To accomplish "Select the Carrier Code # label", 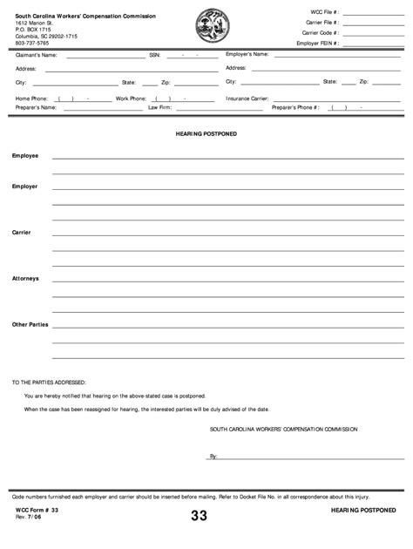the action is [321, 32].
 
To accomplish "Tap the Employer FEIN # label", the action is [318, 43].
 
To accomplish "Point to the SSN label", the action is [154, 55].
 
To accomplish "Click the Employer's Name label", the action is [247, 54].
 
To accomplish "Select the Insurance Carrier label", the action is [247, 98].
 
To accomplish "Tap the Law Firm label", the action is [159, 108].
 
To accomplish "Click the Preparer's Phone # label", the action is [296, 108].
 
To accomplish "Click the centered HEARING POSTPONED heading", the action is [206, 134].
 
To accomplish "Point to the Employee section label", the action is [24, 155].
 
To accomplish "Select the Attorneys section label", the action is [25, 278].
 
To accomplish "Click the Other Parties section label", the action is [30, 324].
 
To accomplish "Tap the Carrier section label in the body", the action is [21, 233].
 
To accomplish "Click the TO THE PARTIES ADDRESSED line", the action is [49, 382].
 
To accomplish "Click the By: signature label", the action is [213, 456].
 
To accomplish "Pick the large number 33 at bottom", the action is [200, 517].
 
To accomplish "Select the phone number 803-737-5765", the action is [32, 43].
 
